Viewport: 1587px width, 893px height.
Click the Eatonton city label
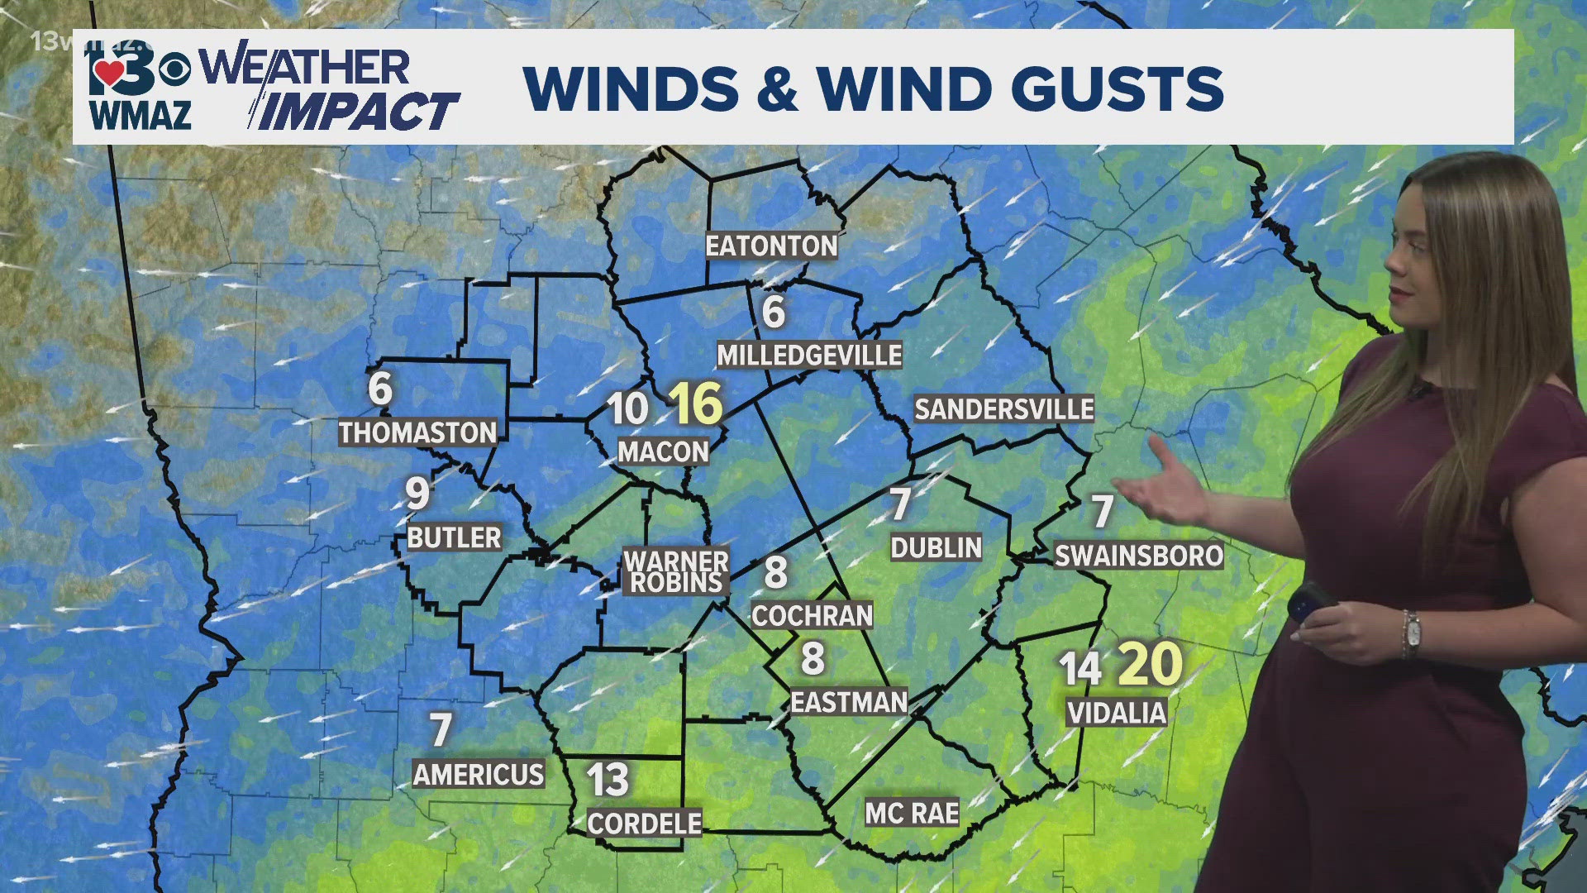pyautogui.click(x=771, y=246)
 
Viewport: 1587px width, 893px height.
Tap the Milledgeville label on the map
pyautogui.click(x=809, y=356)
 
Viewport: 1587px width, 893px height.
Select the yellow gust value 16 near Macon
pyautogui.click(x=696, y=404)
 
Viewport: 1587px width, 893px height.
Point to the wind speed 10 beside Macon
pyautogui.click(x=628, y=408)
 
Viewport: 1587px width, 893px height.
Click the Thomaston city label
pyautogui.click(x=417, y=432)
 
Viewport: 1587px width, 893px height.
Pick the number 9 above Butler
pyautogui.click(x=417, y=494)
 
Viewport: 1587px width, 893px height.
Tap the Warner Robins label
pyautogui.click(x=676, y=571)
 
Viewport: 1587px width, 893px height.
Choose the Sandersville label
pyautogui.click(x=1003, y=408)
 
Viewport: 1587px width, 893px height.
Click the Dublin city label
pyautogui.click(x=936, y=547)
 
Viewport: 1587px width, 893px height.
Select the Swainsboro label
pyautogui.click(x=1138, y=556)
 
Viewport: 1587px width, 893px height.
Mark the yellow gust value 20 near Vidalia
pyautogui.click(x=1150, y=664)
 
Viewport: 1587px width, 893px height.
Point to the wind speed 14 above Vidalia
pyautogui.click(x=1079, y=669)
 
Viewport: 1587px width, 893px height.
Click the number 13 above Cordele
pyautogui.click(x=608, y=780)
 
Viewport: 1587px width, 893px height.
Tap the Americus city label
pyautogui.click(x=479, y=775)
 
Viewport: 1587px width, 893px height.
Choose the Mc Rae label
pyautogui.click(x=912, y=814)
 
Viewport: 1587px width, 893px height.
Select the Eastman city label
pyautogui.click(x=849, y=702)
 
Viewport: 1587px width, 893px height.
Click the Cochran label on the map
pyautogui.click(x=812, y=615)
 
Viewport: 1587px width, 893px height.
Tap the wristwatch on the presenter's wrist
pyautogui.click(x=1411, y=633)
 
